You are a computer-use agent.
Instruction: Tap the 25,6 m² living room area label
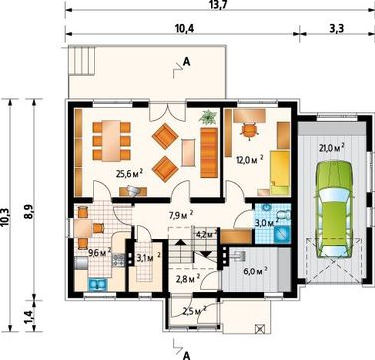pyautogui.click(x=129, y=173)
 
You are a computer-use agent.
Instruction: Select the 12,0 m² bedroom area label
pyautogui.click(x=250, y=160)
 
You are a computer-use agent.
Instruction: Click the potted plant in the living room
pyautogui.click(x=208, y=118)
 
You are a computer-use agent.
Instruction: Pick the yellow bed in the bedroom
pyautogui.click(x=280, y=172)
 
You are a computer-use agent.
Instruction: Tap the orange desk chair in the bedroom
pyautogui.click(x=250, y=130)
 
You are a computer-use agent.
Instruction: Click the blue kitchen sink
pyautogui.click(x=97, y=284)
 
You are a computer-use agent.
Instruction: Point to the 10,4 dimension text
pyautogui.click(x=184, y=29)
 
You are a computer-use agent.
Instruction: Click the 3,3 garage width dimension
pyautogui.click(x=337, y=29)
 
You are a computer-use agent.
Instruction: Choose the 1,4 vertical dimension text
pyautogui.click(x=29, y=316)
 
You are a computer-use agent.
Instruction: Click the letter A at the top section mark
pyautogui.click(x=187, y=62)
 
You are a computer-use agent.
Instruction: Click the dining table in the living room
pyautogui.click(x=111, y=141)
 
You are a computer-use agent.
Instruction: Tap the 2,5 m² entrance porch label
pyautogui.click(x=194, y=311)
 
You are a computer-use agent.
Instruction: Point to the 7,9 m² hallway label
pyautogui.click(x=181, y=215)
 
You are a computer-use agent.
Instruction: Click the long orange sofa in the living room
pyautogui.click(x=209, y=153)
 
